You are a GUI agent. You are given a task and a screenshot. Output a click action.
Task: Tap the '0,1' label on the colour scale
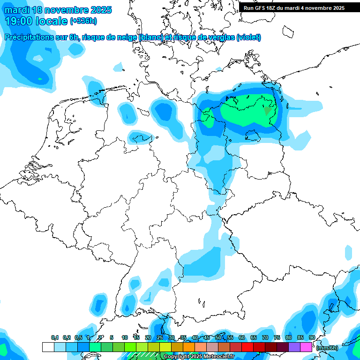55,337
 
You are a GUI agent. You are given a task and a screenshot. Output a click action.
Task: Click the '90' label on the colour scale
312,337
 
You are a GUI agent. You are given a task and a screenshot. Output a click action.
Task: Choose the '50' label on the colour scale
218,337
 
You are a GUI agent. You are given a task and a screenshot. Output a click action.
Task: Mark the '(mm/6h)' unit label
327,348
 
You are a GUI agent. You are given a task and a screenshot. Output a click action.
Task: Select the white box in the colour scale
48,347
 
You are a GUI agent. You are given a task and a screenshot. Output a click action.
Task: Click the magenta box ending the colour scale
306,347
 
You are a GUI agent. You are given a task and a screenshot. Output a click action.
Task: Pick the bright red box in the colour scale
247,347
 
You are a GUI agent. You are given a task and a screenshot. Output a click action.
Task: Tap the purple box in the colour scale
294,347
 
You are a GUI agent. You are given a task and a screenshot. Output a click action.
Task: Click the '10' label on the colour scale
125,337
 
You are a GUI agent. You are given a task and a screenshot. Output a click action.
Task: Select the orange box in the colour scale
189,347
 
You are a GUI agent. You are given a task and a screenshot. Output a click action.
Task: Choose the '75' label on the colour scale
277,337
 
